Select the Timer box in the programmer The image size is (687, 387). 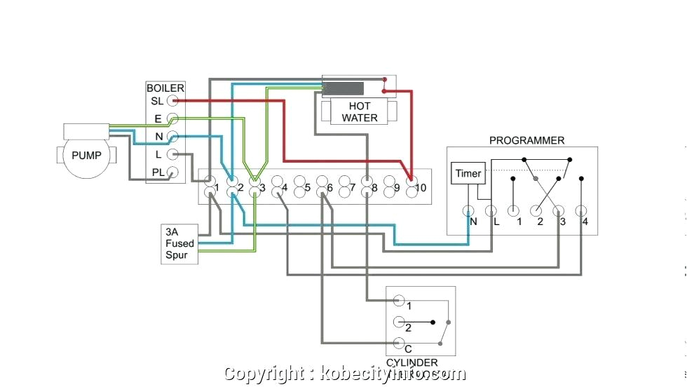(x=468, y=174)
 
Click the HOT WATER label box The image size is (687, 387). (x=359, y=113)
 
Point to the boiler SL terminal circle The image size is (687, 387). (x=172, y=101)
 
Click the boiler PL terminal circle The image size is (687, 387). (x=172, y=172)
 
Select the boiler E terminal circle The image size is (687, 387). (x=172, y=119)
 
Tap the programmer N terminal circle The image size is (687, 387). (x=469, y=210)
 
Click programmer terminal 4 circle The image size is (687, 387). (x=580, y=210)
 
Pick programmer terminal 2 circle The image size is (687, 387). (x=536, y=210)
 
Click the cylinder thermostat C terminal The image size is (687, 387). (x=399, y=343)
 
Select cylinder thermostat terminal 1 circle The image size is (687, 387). (x=399, y=301)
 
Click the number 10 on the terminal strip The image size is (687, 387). (x=420, y=187)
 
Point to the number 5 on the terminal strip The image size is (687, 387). (x=306, y=188)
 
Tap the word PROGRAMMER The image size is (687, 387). (x=526, y=140)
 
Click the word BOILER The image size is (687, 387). (x=165, y=88)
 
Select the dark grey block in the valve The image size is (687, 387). (x=343, y=89)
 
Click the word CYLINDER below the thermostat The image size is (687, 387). (x=412, y=362)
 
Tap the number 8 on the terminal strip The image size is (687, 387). (x=374, y=188)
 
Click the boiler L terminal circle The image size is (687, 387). (x=172, y=154)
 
